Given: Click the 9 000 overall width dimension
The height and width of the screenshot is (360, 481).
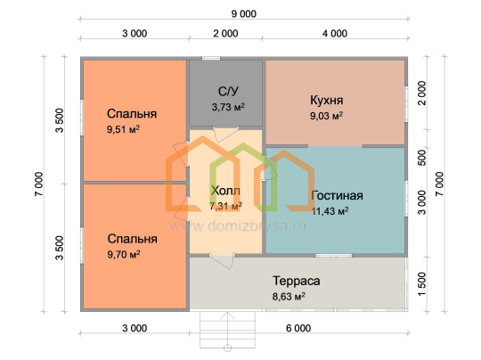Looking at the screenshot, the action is (x=244, y=14).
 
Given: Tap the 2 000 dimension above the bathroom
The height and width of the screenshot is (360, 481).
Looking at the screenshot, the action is (x=225, y=34).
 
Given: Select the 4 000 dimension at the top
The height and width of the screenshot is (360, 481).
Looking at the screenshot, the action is (x=335, y=34).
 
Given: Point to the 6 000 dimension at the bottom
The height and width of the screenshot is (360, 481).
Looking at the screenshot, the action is (x=298, y=328).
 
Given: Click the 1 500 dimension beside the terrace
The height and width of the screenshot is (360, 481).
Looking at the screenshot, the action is (x=422, y=284).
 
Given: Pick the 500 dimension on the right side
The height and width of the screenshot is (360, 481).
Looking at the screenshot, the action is (x=422, y=158).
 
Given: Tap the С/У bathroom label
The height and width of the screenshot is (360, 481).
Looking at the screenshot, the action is (x=228, y=91).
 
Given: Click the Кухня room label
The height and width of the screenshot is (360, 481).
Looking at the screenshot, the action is (x=326, y=100).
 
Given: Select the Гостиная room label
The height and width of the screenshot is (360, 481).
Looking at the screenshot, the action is (x=337, y=195).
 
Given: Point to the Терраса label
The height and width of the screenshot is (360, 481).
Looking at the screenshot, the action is (x=297, y=281).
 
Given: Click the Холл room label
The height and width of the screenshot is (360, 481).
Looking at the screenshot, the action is (x=225, y=191).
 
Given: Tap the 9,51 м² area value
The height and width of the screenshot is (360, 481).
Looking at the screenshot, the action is (x=123, y=129).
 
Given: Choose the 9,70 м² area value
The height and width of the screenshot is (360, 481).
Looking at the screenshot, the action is (x=124, y=255).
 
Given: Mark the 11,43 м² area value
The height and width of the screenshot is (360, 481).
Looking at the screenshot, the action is (x=330, y=211).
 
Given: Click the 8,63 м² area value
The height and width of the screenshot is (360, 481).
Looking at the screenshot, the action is (x=289, y=297).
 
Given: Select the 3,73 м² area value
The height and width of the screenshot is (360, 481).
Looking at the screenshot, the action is (x=228, y=107).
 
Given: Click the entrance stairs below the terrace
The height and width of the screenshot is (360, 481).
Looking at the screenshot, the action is (x=228, y=330).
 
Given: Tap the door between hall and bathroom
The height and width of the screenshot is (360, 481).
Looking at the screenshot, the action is (x=226, y=135).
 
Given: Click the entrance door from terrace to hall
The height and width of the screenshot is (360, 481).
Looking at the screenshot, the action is (x=222, y=261).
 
